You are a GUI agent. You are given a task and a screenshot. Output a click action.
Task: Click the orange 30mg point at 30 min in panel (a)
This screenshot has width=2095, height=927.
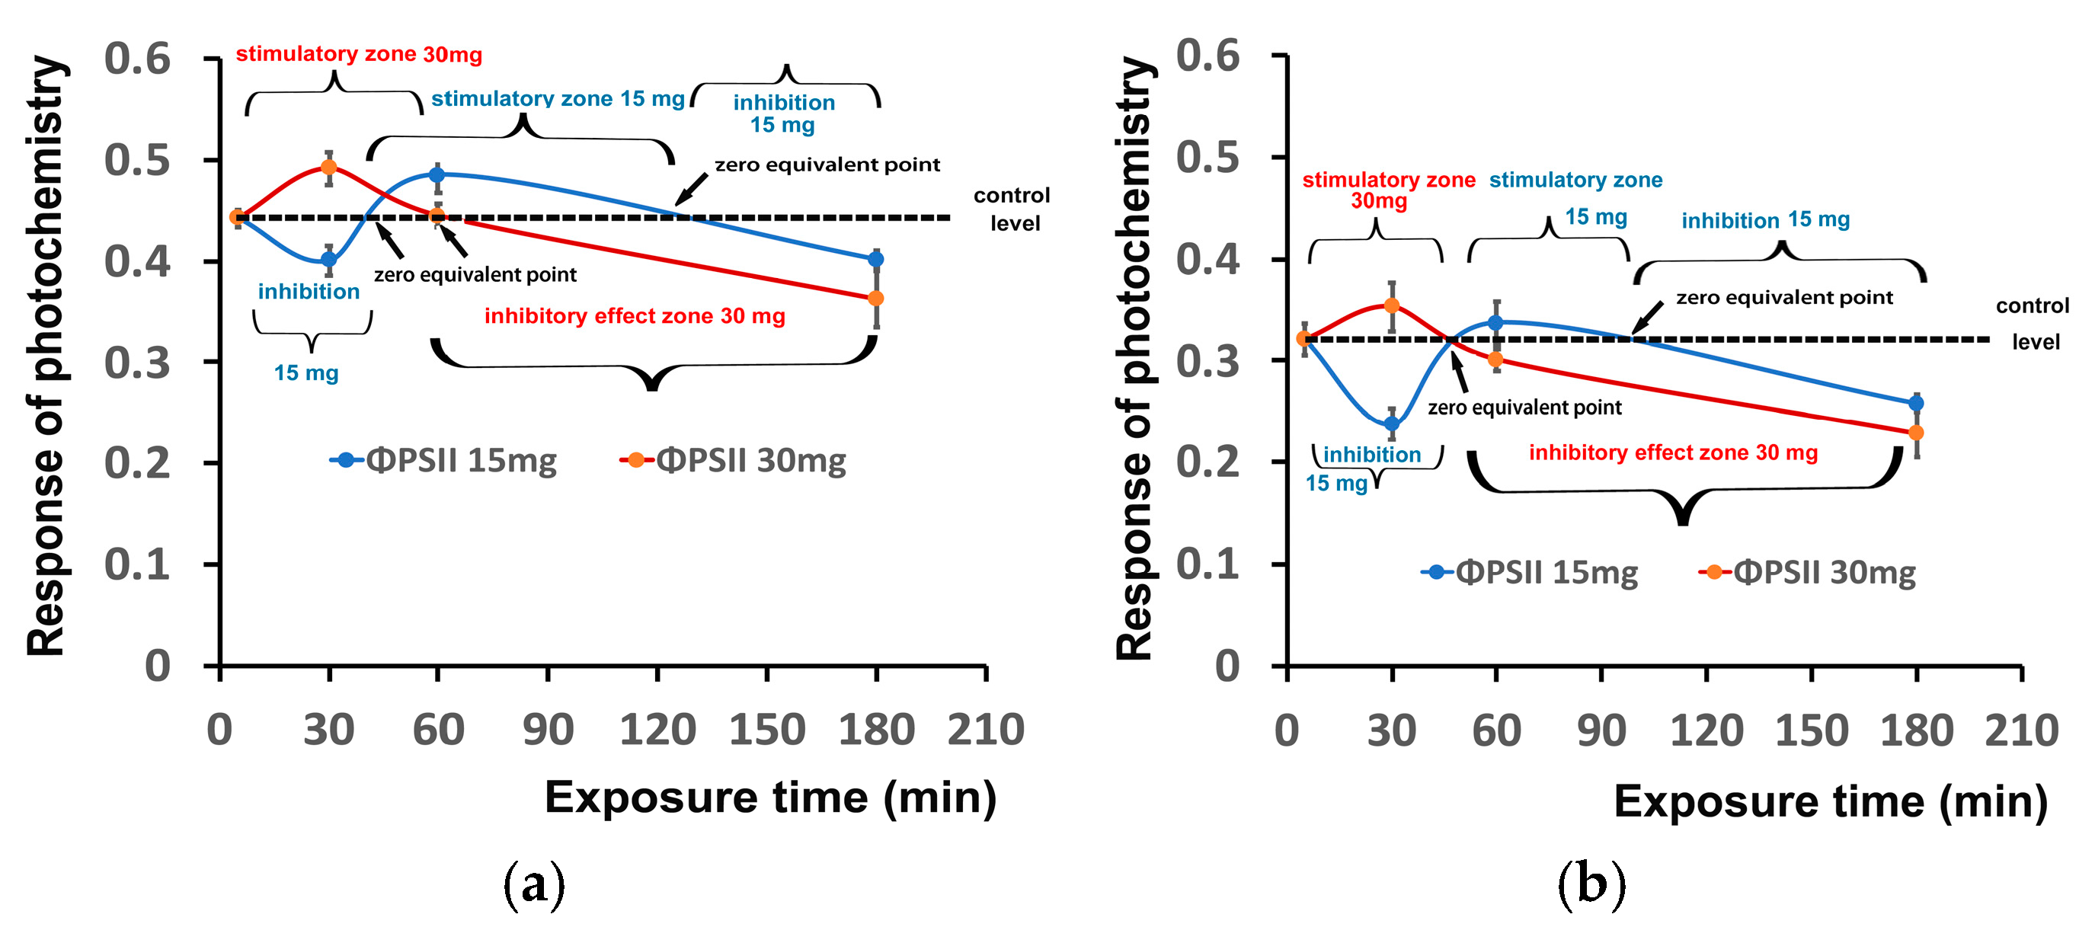click(x=328, y=168)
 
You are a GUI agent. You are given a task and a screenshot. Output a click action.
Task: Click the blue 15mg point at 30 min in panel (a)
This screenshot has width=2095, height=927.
click(x=328, y=260)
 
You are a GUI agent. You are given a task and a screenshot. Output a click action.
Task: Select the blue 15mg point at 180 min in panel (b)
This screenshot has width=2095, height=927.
click(x=1916, y=404)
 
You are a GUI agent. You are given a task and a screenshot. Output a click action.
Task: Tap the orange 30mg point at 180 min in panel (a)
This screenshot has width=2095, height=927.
click(x=876, y=299)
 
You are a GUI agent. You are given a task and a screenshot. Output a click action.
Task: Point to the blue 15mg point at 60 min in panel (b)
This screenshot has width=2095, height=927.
click(x=1495, y=323)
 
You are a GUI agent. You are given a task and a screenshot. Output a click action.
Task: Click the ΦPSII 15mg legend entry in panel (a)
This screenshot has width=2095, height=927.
click(x=444, y=460)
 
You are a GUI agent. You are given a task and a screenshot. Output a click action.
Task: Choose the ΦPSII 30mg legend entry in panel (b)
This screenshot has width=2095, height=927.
click(x=1808, y=573)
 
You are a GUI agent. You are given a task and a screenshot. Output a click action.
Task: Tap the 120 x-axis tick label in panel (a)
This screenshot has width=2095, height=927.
click(x=657, y=730)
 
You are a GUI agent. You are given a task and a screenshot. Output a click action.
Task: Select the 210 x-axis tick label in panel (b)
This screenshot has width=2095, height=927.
click(x=2021, y=730)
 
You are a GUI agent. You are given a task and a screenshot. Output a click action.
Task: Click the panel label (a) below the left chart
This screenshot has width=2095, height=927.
click(x=533, y=884)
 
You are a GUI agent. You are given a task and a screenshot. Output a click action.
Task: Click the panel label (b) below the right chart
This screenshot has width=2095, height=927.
click(x=1591, y=884)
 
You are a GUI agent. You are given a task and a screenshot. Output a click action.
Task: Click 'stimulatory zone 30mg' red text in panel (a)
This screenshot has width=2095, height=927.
click(x=359, y=55)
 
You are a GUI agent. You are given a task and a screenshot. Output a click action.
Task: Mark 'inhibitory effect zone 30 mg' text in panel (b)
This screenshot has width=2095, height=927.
click(x=1673, y=453)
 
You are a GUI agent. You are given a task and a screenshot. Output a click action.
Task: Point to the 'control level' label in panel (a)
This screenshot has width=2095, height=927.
click(x=1012, y=209)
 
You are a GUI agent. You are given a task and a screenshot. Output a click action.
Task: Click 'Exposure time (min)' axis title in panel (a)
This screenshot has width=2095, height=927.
click(x=770, y=797)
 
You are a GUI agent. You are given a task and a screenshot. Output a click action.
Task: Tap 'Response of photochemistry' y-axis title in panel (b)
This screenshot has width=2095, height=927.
click(x=1134, y=358)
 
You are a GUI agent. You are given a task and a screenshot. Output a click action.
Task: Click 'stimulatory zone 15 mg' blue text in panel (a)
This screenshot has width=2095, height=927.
click(x=557, y=98)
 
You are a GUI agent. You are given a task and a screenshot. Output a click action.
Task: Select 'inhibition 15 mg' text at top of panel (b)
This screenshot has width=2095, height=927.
click(x=1765, y=219)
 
